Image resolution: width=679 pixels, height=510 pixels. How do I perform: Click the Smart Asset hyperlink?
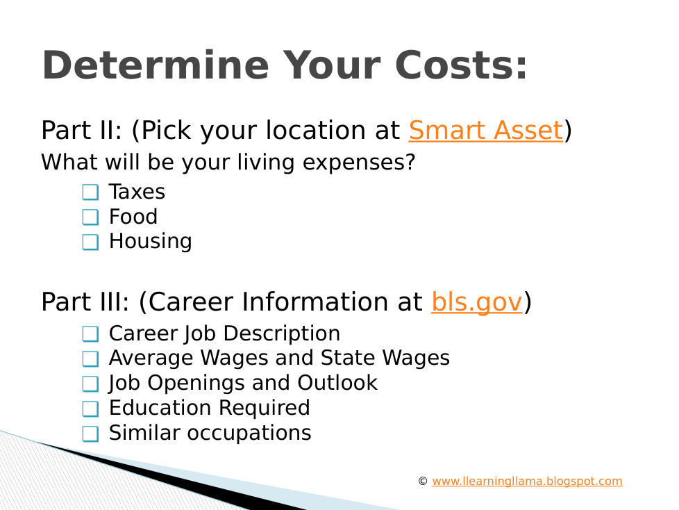coord(485,130)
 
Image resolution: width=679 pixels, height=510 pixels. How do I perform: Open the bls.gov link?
coord(477,302)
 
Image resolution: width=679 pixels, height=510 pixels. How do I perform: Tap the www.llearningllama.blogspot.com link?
coord(527,482)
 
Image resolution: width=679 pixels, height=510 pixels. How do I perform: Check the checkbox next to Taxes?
coord(90,192)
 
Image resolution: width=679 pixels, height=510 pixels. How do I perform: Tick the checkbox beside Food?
coord(90,217)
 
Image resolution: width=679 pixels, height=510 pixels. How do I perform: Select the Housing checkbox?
coord(90,242)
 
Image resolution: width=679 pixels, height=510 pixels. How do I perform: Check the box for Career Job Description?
coord(90,334)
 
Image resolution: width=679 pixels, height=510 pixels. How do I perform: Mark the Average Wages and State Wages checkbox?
coord(90,359)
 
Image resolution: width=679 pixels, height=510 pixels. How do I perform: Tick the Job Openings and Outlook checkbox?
coord(90,384)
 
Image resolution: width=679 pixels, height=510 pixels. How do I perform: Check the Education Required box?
coord(90,409)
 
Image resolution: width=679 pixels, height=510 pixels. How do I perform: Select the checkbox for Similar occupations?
coord(90,434)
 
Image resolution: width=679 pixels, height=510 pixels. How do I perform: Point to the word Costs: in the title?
coord(461,65)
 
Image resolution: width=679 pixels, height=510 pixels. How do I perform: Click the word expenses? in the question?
coord(359,163)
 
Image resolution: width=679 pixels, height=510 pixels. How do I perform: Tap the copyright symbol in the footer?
coord(423,481)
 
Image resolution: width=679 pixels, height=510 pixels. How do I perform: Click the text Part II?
coord(82,130)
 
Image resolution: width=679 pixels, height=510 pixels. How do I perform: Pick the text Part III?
coord(85,302)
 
